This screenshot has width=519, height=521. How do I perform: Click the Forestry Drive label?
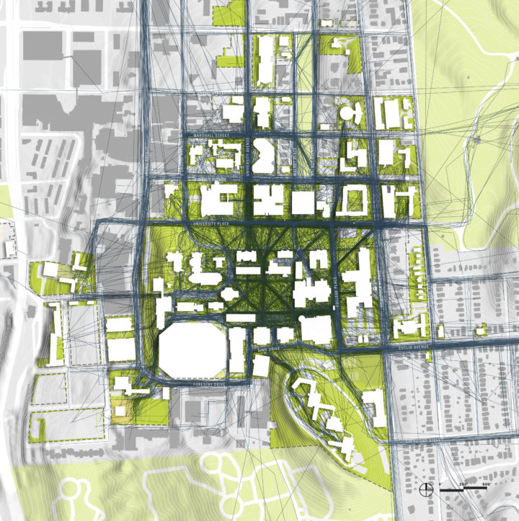(x=209, y=386)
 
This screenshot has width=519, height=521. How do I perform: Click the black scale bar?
(x=466, y=490)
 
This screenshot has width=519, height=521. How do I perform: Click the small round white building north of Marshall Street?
(x=350, y=114)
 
